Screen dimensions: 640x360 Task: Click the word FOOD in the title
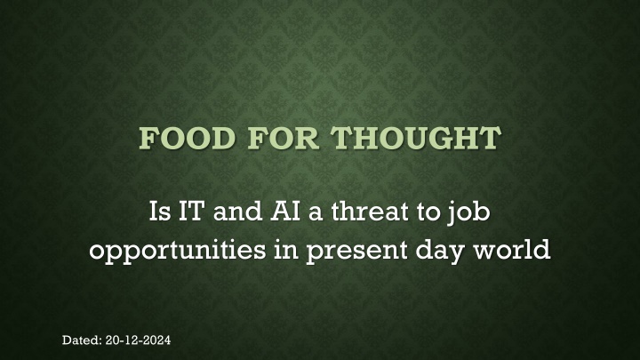188,138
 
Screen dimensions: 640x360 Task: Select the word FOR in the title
284,138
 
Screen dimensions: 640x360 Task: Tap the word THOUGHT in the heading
416,138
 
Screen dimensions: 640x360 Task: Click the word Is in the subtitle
160,211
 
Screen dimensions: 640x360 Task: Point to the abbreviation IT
191,211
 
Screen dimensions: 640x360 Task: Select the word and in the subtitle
237,211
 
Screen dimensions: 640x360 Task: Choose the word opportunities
178,250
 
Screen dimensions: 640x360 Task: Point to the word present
356,251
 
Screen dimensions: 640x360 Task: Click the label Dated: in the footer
82,340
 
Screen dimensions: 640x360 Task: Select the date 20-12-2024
138,340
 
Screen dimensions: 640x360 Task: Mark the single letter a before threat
316,214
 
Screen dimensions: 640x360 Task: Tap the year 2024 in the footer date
158,340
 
